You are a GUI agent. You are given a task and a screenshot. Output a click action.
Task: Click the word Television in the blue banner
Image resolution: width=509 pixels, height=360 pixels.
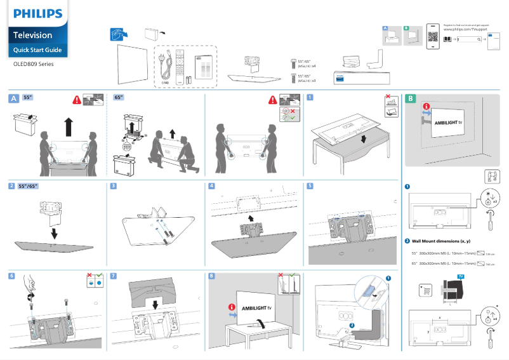[33, 35]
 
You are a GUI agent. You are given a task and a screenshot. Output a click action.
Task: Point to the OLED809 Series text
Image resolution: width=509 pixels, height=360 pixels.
[34, 64]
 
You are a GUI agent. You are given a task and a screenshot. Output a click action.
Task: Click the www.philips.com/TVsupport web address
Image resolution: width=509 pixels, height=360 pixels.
[464, 30]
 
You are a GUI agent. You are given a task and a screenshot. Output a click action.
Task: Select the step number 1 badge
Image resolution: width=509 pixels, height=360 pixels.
[309, 98]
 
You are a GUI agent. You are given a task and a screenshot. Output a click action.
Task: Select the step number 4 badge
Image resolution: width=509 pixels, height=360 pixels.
[212, 186]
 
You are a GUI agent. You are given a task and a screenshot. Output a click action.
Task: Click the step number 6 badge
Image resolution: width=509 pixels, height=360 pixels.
[12, 276]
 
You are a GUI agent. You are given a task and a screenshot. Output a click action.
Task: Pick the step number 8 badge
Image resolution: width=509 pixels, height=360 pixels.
[212, 276]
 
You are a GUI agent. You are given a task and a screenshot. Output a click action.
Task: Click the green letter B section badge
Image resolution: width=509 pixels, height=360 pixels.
[411, 98]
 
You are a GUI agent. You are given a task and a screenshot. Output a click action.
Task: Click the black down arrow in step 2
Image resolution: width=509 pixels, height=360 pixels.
[55, 233]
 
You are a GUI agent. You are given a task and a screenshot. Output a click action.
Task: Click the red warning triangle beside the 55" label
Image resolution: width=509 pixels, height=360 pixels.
[77, 100]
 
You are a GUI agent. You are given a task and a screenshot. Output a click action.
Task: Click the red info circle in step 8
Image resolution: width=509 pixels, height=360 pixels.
[232, 307]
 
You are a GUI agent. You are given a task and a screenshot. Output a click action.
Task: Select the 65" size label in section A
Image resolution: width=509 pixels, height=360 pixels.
[119, 98]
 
